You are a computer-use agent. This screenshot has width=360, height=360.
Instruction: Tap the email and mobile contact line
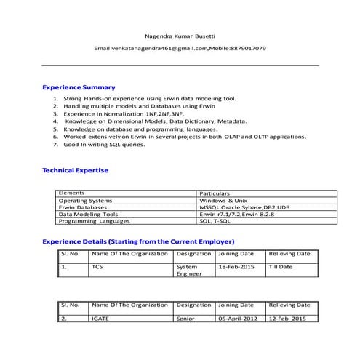pyautogui.click(x=180, y=48)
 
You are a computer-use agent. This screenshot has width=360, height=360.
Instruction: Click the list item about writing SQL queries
pyautogui.click(x=104, y=145)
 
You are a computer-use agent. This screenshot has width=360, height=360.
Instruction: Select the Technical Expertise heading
pyautogui.click(x=75, y=170)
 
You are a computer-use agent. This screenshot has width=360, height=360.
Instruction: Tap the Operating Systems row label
pyautogui.click(x=85, y=200)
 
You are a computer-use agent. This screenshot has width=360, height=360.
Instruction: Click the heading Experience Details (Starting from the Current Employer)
pyautogui.click(x=138, y=241)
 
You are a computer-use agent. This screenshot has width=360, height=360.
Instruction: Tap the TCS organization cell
pyautogui.click(x=97, y=267)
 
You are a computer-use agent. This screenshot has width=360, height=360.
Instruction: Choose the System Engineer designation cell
pyautogui.click(x=187, y=271)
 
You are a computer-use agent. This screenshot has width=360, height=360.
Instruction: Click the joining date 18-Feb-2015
pyautogui.click(x=236, y=267)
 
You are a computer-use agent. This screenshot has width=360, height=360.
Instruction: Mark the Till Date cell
pyautogui.click(x=281, y=267)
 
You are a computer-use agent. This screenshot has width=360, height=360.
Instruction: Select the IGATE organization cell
pyautogui.click(x=100, y=319)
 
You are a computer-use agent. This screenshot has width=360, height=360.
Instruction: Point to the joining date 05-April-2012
pyautogui.click(x=238, y=319)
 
